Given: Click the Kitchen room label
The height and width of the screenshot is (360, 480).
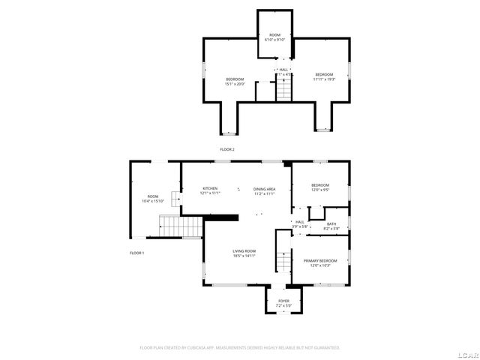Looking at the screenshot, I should click(x=209, y=187).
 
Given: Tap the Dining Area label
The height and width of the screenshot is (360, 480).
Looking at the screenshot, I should click(x=264, y=188).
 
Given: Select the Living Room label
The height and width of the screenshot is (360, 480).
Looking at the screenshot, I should click(x=244, y=250).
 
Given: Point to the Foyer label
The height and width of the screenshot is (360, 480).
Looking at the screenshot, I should click(x=283, y=301).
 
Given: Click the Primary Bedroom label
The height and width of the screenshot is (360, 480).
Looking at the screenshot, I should click(x=320, y=260).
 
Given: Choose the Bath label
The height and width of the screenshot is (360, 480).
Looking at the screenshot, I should click(x=331, y=223).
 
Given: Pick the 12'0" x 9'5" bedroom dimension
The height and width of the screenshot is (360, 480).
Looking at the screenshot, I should click(x=320, y=190).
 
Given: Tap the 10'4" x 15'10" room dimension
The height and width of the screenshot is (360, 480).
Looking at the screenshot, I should click(x=153, y=201).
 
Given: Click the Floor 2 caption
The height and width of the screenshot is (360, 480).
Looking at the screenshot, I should click(x=227, y=150).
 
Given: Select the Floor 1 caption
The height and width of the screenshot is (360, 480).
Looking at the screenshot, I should click(x=136, y=253).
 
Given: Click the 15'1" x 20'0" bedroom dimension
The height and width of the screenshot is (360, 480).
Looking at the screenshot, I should click(x=235, y=84).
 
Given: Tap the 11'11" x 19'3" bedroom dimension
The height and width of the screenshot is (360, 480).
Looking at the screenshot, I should click(x=324, y=79).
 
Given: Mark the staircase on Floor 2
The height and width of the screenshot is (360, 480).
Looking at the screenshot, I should click(x=283, y=91).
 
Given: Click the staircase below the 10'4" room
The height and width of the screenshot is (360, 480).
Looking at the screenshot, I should click(x=181, y=225).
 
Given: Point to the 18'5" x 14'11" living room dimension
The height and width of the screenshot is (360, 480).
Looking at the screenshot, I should click(x=244, y=256).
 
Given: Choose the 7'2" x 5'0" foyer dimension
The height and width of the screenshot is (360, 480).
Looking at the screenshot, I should click(x=283, y=306).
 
